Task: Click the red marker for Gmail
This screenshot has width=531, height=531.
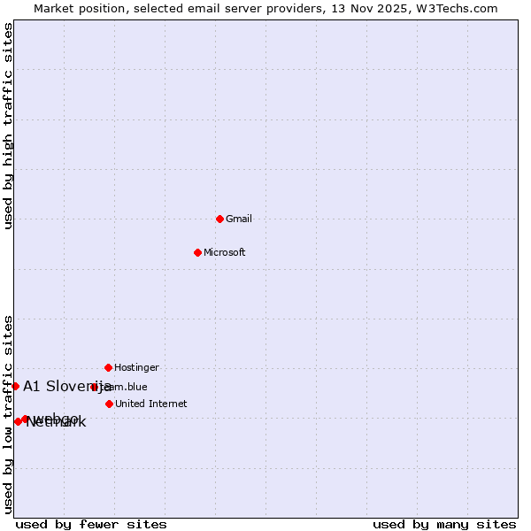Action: point(219,219)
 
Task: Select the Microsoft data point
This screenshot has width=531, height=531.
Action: point(197,252)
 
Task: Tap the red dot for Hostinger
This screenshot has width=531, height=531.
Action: point(108,367)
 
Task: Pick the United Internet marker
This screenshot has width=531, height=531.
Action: point(109,404)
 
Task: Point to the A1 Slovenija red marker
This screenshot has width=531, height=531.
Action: point(15,386)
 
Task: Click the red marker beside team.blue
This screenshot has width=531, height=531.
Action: point(94,387)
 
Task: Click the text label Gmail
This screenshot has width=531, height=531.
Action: point(239,219)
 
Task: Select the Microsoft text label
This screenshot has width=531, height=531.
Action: point(225,252)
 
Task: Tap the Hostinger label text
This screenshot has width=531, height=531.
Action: point(137,367)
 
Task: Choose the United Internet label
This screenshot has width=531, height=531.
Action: point(151,404)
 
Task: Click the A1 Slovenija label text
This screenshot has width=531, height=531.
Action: point(67,386)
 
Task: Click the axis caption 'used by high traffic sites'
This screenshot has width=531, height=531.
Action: point(8,127)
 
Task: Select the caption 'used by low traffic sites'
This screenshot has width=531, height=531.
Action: point(8,414)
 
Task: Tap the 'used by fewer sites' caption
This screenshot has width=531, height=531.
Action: point(91,524)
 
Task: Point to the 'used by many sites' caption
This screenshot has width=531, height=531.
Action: point(444,524)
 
